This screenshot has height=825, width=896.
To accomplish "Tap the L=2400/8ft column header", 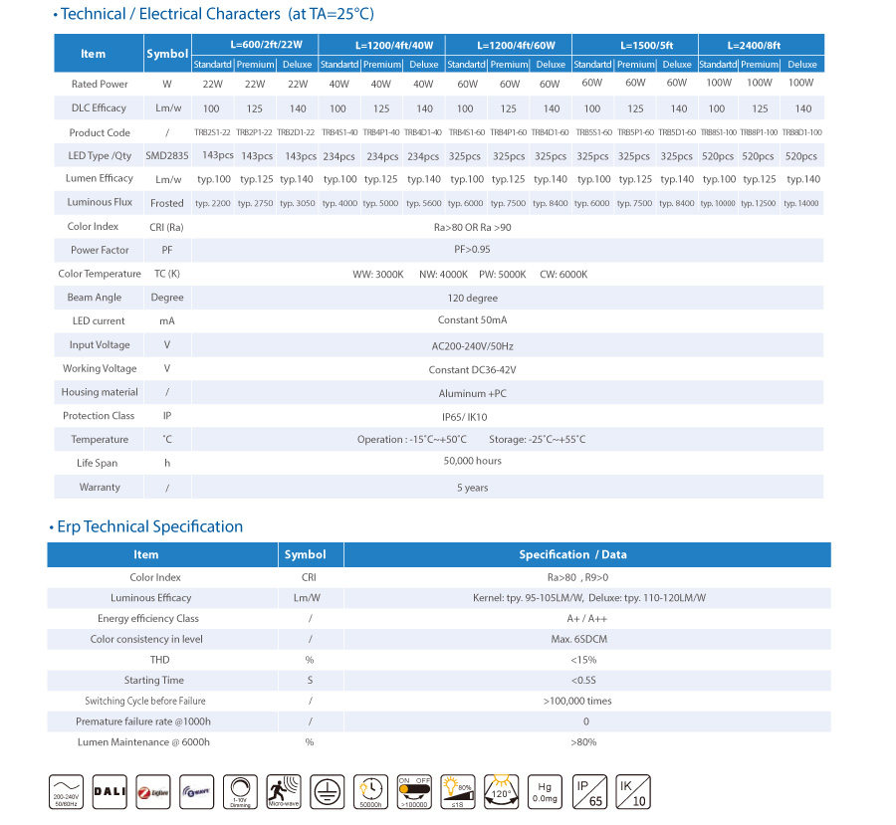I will [x=762, y=45].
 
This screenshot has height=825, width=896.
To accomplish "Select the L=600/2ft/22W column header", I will [x=253, y=45].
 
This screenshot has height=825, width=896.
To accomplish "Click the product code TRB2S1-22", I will [x=211, y=132].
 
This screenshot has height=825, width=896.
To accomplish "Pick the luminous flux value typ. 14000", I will [x=801, y=203].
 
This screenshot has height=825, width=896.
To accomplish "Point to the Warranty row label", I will [x=100, y=487].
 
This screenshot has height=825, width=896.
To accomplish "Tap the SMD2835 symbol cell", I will [x=166, y=156].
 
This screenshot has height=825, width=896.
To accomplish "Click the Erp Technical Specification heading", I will [x=149, y=526].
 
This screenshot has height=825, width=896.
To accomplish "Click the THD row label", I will [x=159, y=660].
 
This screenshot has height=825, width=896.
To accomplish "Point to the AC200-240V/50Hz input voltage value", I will [x=472, y=345].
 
